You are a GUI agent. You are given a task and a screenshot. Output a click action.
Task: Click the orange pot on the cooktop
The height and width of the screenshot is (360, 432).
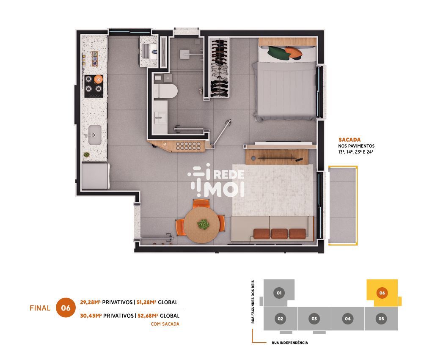click(98, 80)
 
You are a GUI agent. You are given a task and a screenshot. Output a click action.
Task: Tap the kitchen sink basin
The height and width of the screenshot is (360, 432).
click(95, 135)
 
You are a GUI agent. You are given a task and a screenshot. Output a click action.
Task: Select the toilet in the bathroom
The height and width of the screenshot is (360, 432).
click(165, 91)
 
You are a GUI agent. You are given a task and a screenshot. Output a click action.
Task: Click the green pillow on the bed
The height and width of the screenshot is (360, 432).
click(278, 53)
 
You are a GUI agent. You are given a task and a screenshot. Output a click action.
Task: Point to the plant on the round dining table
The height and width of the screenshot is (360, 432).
click(204, 225)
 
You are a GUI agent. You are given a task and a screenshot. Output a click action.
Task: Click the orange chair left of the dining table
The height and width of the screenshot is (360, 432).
click(180, 227)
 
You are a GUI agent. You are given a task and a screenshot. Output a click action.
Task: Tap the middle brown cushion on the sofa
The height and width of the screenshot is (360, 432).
click(279, 234)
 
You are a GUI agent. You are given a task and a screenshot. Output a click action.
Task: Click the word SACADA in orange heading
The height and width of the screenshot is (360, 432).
click(349, 140)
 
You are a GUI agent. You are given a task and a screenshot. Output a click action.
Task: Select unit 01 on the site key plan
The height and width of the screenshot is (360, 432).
click(279, 293)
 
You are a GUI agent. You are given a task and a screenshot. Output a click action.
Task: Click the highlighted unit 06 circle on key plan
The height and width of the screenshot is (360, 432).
click(382, 293)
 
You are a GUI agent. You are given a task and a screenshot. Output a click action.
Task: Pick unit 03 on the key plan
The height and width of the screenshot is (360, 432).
click(314, 319)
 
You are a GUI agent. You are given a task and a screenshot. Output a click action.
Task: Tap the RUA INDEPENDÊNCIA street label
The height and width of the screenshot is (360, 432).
click(290, 343)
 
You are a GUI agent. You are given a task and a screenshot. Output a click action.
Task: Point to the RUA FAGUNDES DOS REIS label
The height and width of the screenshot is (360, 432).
click(253, 302)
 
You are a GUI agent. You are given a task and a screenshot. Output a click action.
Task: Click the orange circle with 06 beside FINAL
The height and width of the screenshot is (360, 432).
click(66, 308)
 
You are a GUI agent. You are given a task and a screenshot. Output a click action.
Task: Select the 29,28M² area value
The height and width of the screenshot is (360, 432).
click(90, 302)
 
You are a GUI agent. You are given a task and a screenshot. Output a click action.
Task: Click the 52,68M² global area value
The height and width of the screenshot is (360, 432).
click(148, 316)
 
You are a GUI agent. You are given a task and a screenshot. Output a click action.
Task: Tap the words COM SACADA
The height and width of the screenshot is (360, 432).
click(165, 324)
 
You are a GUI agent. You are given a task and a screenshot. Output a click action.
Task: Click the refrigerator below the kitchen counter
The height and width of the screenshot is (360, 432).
click(96, 176)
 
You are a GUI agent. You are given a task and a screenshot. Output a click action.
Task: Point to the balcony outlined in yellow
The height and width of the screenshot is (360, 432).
click(343, 206)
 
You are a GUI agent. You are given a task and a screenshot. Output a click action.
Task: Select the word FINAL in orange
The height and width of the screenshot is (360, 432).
click(40, 308)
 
